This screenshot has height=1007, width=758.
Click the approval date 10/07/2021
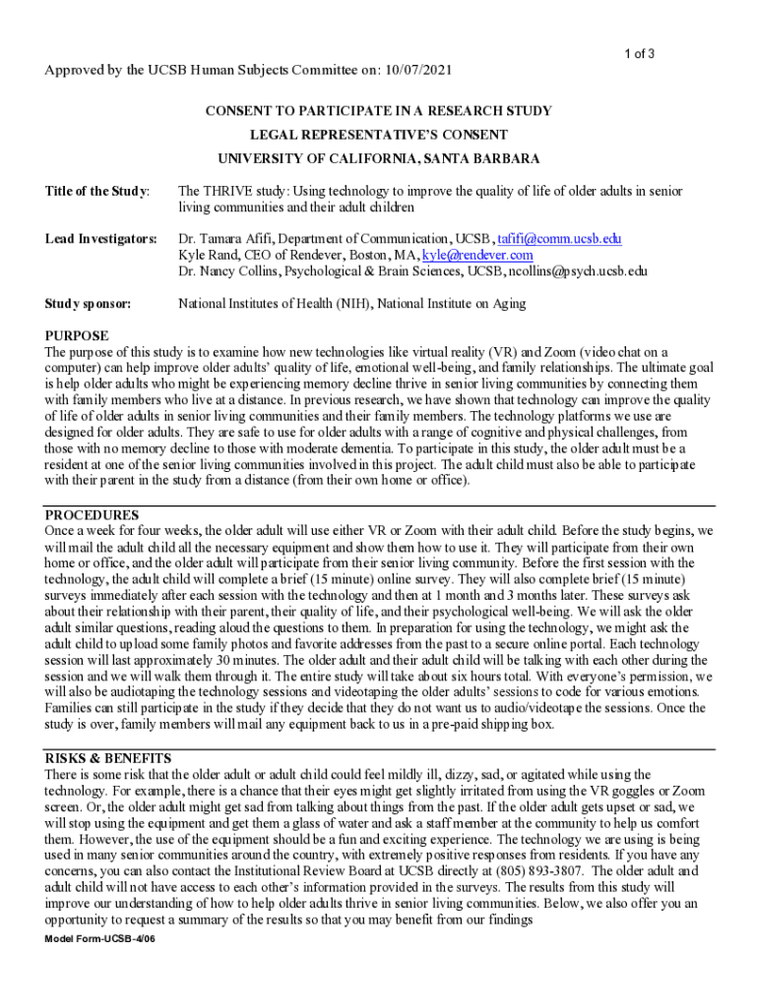420,71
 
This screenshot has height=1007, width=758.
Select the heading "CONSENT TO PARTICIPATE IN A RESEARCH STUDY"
379,111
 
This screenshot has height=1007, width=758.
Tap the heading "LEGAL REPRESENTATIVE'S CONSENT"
379,135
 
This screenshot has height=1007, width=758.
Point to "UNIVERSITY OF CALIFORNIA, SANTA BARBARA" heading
379,158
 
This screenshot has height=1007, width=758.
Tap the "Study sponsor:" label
90,304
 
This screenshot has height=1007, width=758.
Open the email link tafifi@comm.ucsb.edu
559,239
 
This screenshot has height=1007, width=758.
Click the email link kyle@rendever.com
477,255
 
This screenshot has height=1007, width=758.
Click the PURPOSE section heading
77,336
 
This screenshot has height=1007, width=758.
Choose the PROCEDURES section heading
93,514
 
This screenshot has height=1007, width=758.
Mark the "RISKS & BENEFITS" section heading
108,758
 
